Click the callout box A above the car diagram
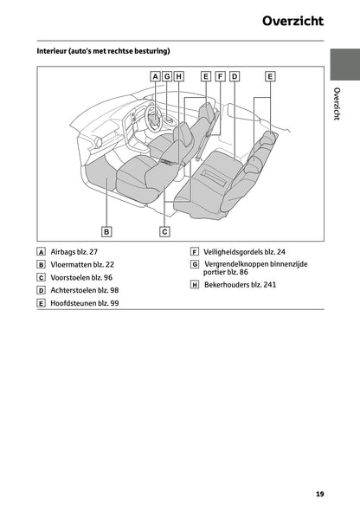(155, 76)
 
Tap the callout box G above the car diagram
(167, 76)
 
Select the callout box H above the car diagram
(179, 76)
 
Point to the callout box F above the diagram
(220, 76)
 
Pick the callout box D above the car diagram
(234, 76)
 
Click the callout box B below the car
(106, 231)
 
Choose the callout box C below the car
(164, 231)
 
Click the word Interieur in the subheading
(55, 51)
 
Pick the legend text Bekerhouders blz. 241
(241, 284)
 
